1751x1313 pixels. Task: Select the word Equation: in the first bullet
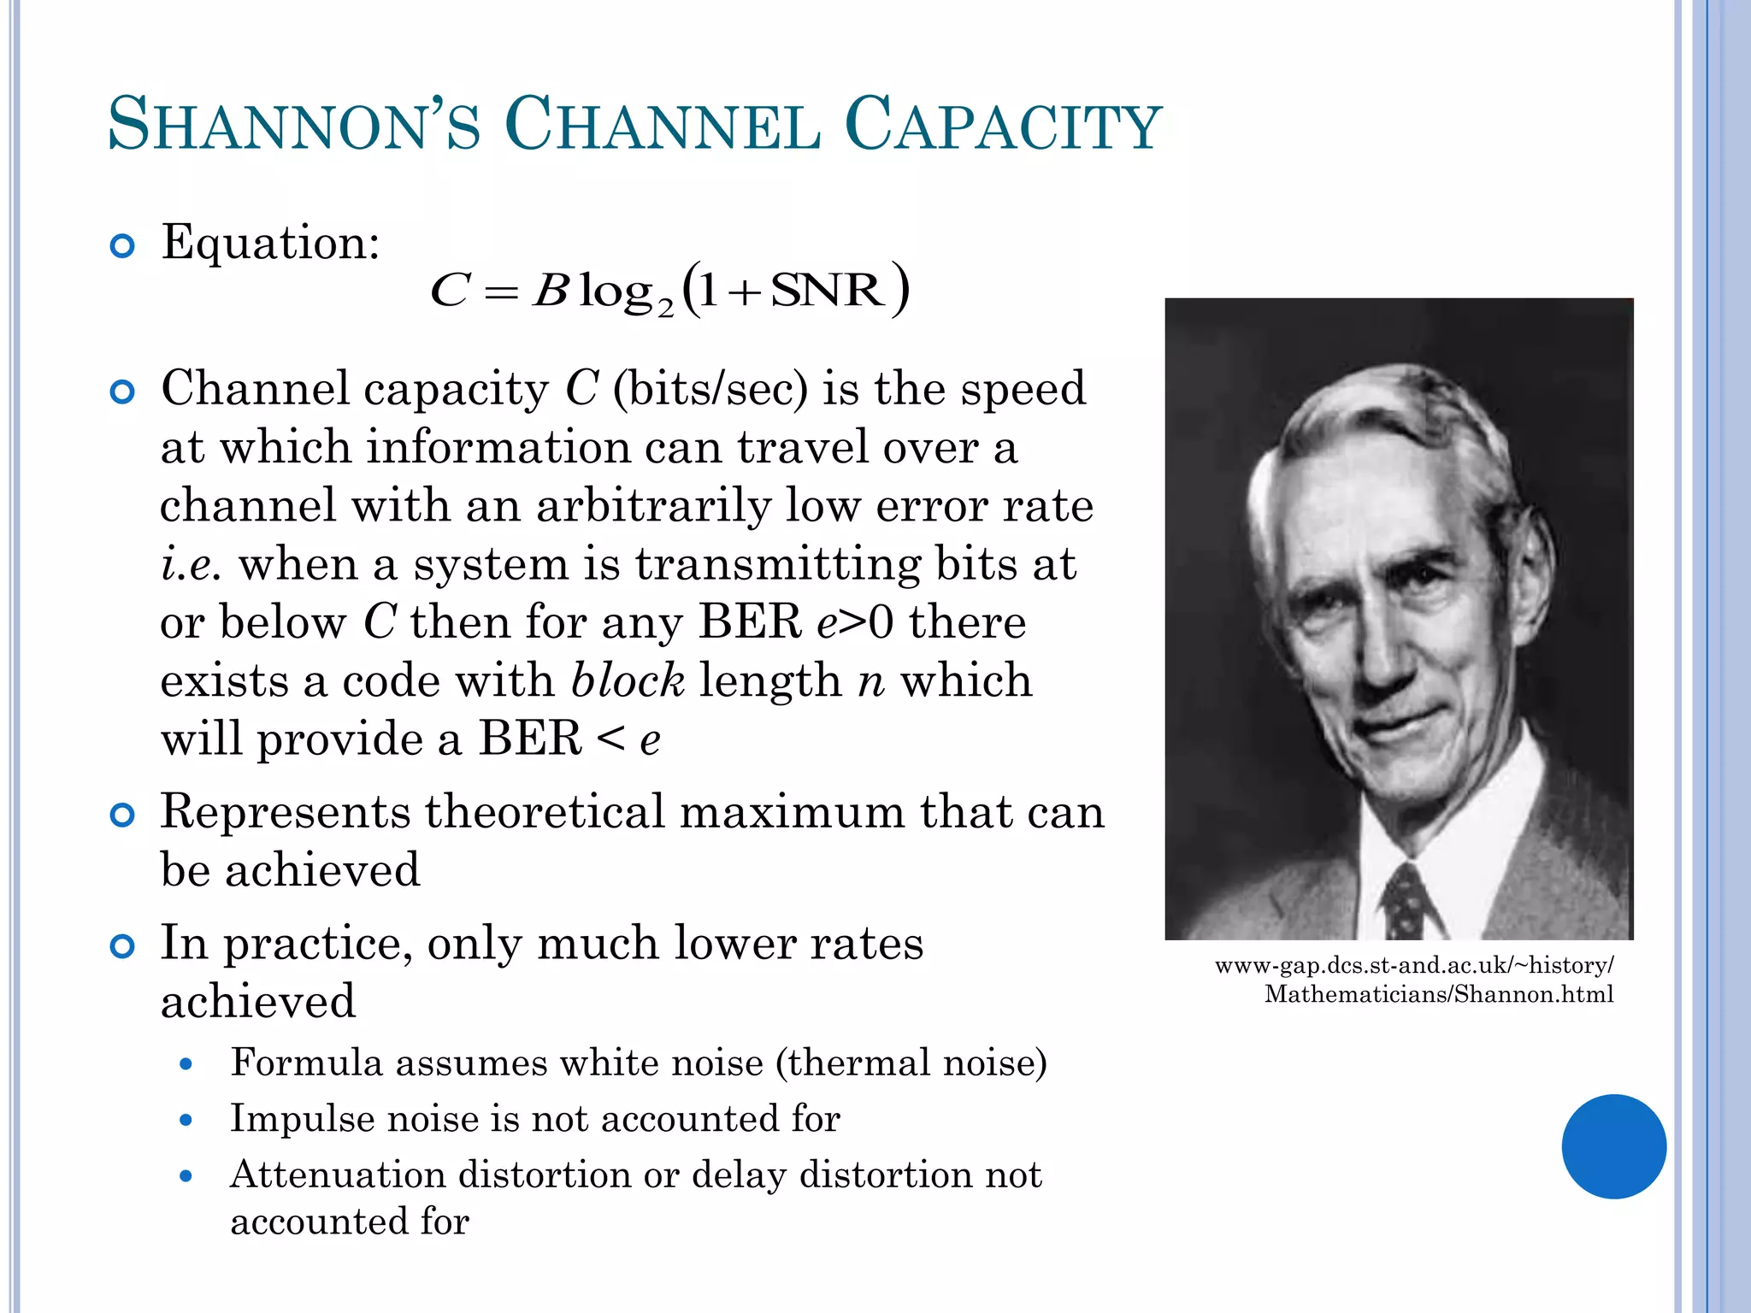point(270,243)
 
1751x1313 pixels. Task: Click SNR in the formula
point(827,291)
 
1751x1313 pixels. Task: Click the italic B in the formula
point(551,291)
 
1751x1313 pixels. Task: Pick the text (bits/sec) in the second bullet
point(710,389)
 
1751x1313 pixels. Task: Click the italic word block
point(628,681)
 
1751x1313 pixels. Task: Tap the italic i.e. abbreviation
point(191,565)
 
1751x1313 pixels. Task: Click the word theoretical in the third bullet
point(545,812)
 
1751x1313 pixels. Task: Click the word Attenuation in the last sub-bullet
point(337,1175)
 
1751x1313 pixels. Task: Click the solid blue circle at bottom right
point(1613,1146)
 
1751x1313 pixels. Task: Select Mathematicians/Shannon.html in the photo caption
point(1438,994)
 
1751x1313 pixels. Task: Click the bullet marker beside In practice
point(123,947)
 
